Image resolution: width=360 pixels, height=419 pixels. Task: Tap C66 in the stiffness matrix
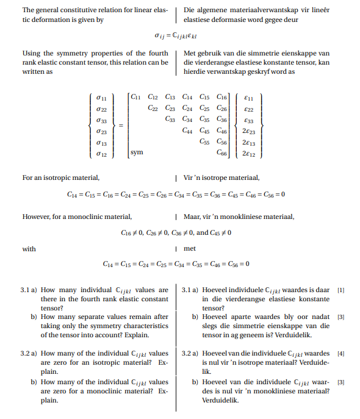[221, 152]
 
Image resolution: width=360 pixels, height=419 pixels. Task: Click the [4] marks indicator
[340, 353]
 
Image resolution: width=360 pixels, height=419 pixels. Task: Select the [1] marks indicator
[340, 290]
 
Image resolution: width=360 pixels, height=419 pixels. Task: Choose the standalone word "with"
[29, 249]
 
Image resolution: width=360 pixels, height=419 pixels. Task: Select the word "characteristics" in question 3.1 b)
[146, 326]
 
